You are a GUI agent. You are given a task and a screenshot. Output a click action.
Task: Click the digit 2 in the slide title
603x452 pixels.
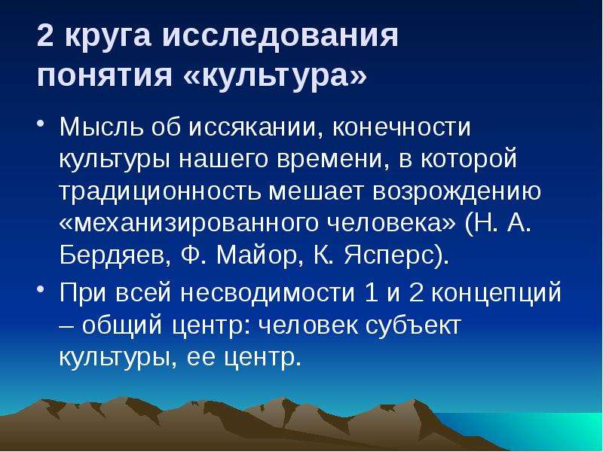45,35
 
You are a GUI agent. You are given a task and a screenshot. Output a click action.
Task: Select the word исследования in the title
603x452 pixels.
280,36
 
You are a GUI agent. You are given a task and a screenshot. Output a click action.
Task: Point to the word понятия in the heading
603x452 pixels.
104,75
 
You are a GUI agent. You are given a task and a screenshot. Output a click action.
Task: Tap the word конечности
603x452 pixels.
402,127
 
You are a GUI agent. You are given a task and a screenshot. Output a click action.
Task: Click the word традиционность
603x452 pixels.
161,191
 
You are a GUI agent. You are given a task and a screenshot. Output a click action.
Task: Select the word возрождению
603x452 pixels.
457,192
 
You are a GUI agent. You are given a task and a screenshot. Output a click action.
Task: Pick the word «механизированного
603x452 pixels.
189,223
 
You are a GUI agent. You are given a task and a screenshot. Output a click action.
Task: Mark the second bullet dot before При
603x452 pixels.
41,289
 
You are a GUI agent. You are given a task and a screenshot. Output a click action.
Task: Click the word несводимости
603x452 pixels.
268,292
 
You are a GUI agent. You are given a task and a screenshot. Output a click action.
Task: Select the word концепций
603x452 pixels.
497,293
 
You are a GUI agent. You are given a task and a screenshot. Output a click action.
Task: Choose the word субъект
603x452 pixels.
413,325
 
